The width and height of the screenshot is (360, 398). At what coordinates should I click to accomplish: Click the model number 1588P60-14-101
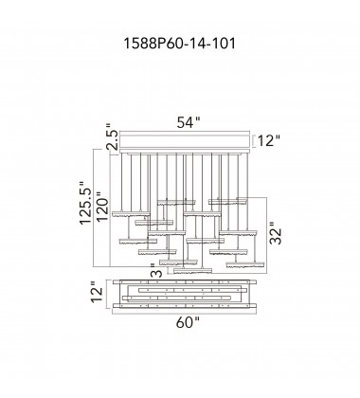pos(179,44)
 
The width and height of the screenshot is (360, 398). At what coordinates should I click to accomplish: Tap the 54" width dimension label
pos(189,122)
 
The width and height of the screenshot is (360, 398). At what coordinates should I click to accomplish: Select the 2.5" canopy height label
pos(113,136)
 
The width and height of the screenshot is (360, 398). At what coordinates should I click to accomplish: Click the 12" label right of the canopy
pos(269,140)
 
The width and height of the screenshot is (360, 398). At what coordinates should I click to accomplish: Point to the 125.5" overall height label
pos(85,203)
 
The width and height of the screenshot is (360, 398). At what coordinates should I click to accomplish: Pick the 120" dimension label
pos(102,207)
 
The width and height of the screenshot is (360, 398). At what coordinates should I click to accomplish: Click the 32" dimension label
pos(275,232)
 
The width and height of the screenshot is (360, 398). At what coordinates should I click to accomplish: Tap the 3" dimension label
pos(157,270)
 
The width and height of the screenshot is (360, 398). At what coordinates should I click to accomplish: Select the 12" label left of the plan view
pos(98,295)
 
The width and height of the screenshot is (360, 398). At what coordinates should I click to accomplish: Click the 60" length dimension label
pos(188,322)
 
